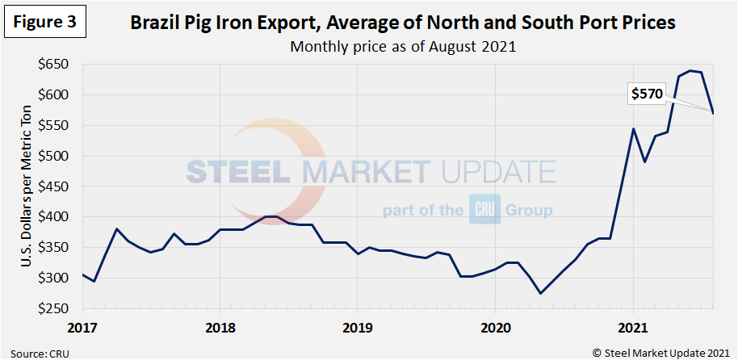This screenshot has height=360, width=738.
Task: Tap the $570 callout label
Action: pos(647,94)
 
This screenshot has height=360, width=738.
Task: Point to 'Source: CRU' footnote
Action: pos(36,352)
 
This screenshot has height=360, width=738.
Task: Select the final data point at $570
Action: pos(713,113)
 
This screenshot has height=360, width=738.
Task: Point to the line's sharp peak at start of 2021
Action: pos(633,129)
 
